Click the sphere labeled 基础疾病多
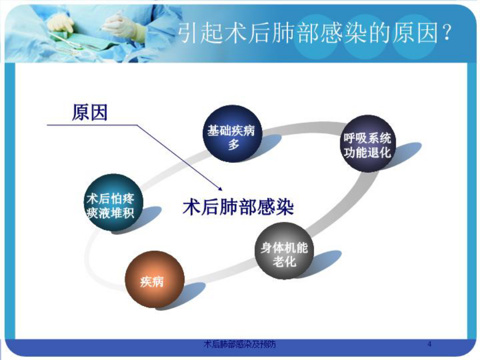[x=233, y=134]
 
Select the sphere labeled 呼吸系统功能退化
[x=367, y=143]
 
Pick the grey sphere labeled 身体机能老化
[x=284, y=251]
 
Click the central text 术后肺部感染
[x=238, y=207]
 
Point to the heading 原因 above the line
[x=90, y=113]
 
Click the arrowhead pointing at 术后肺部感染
[x=219, y=188]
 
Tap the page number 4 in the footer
[x=429, y=344]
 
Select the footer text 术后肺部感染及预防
[x=239, y=344]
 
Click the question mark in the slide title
[x=447, y=33]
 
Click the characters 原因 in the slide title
[x=415, y=33]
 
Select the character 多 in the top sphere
[x=233, y=143]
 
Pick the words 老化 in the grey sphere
[x=284, y=262]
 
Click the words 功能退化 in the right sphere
[x=367, y=153]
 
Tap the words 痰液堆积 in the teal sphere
[x=110, y=213]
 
